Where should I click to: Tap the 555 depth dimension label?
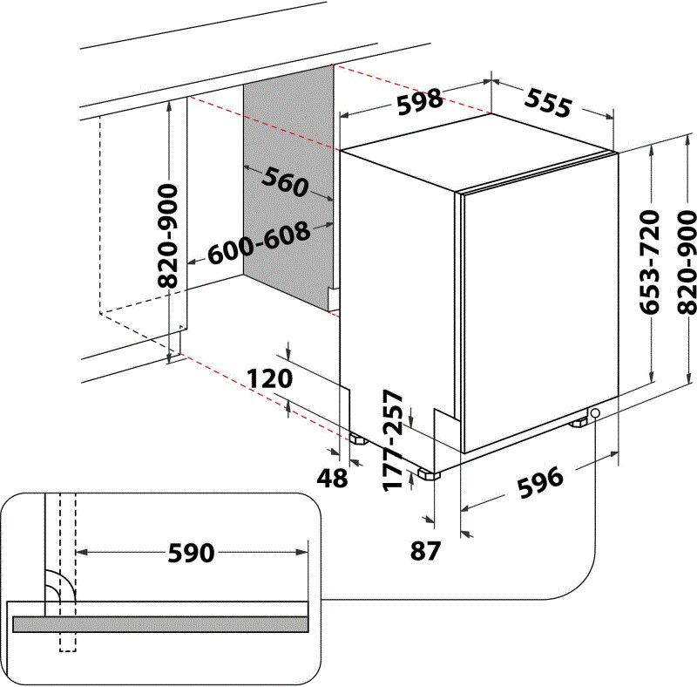548,103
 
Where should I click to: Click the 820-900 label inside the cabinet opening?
169,235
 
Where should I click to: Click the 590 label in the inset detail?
191,552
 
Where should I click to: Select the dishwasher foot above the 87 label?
428,474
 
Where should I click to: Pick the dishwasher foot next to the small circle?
579,423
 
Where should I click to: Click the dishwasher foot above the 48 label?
356,439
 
